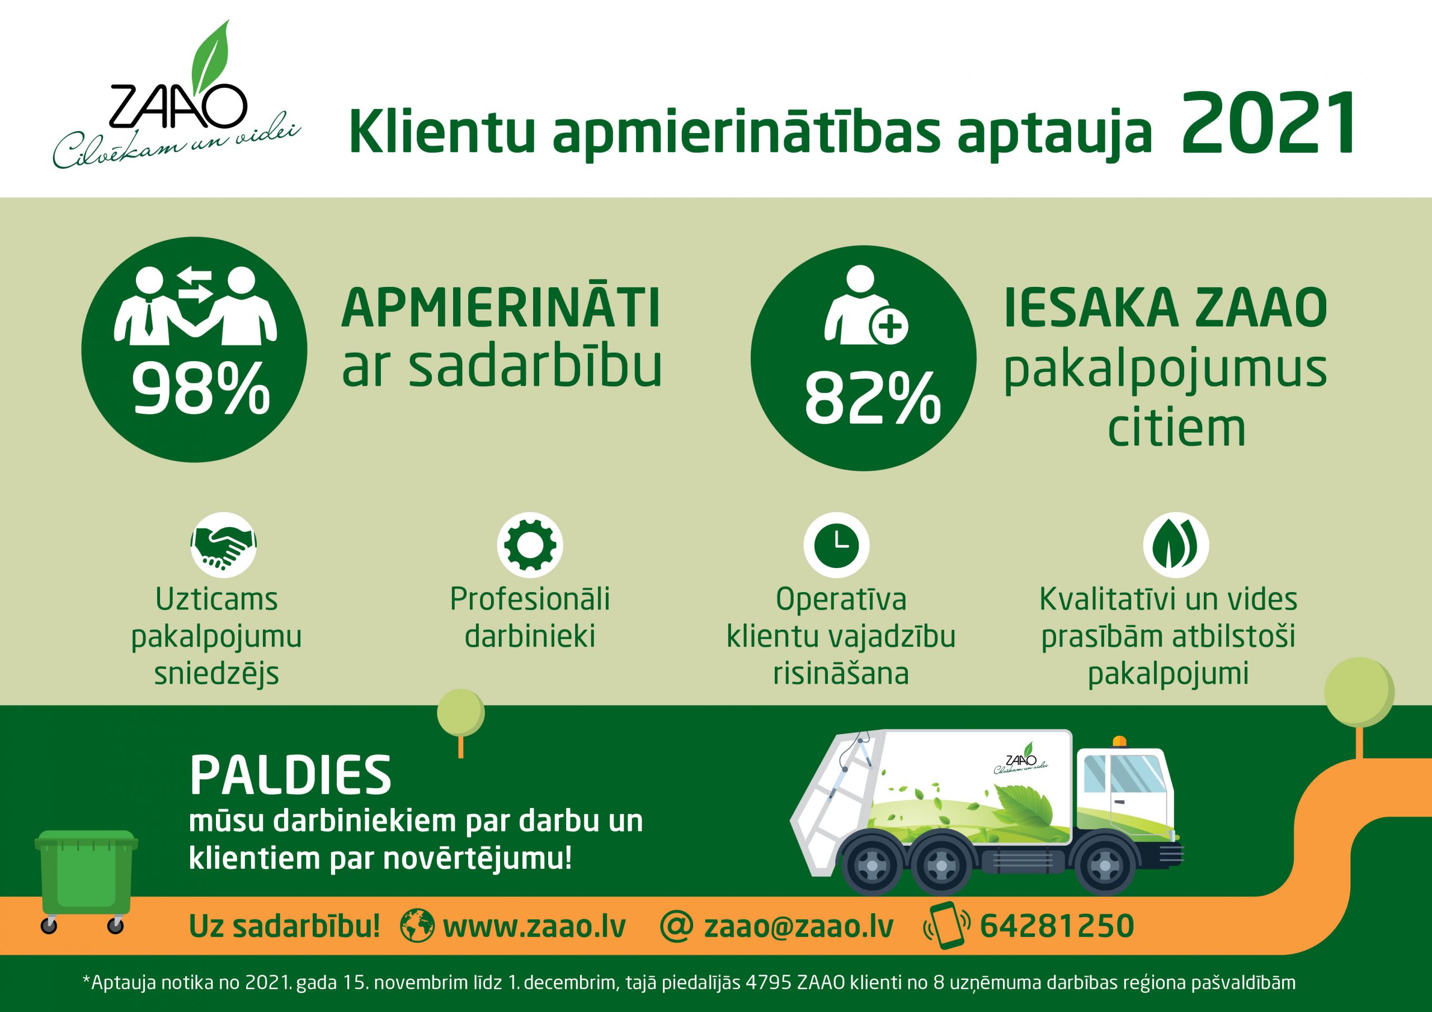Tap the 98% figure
point(200,390)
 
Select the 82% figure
point(872,399)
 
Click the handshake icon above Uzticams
point(223,543)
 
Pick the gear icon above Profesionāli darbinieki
point(529,545)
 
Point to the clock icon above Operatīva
point(836,545)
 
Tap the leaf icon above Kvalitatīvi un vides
point(1176,545)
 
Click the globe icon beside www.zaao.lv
point(417,925)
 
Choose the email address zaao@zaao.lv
point(798,926)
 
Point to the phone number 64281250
point(1056,926)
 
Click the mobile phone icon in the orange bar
point(948,925)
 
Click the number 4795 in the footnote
point(771,983)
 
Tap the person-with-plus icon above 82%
point(863,305)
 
